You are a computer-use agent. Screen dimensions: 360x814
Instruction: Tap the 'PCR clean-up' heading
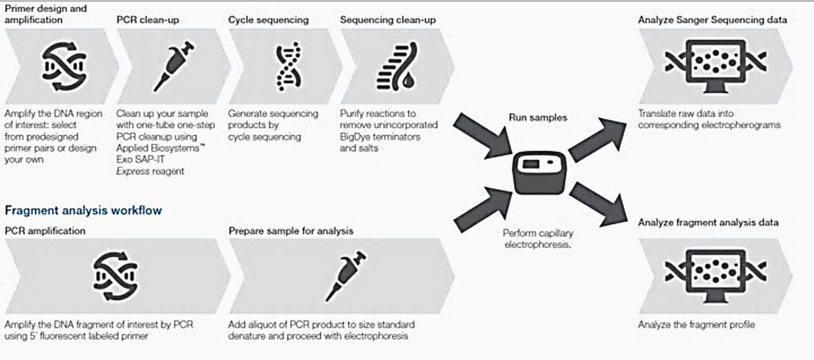148,20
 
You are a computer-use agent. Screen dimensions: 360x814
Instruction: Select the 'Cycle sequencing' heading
268,20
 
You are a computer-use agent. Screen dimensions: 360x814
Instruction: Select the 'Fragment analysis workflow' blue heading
83,210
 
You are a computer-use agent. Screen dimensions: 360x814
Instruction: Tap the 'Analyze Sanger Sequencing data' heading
712,20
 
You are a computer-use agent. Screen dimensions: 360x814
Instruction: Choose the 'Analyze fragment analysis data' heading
708,223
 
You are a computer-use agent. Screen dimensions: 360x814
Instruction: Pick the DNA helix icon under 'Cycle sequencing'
287,66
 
